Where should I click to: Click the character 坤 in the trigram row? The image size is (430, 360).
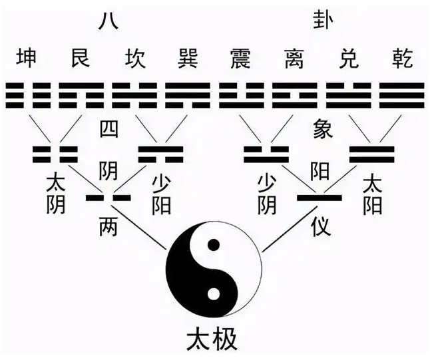[x=27, y=58]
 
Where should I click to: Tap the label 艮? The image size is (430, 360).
[x=81, y=58]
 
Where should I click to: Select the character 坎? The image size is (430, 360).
[x=134, y=58]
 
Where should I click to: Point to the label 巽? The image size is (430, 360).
[x=188, y=58]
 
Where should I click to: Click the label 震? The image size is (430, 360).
[x=241, y=58]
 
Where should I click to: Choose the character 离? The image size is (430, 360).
[x=294, y=58]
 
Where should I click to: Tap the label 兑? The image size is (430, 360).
[x=349, y=58]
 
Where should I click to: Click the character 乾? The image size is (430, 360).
[x=402, y=58]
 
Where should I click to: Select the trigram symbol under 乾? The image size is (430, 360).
[x=402, y=95]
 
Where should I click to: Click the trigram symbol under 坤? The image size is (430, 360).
[x=28, y=95]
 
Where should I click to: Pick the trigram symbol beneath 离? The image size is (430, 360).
[x=294, y=95]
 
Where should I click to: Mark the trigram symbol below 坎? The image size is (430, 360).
[x=134, y=95]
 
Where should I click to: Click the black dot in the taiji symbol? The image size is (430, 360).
[x=214, y=245]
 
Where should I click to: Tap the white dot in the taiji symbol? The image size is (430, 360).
[x=214, y=294]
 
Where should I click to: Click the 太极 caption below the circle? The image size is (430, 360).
[x=212, y=340]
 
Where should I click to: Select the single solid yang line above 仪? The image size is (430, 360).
[x=320, y=198]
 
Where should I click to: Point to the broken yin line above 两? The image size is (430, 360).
[x=108, y=198]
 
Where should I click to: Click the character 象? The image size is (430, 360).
[x=323, y=128]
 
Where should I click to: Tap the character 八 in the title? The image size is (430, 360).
[x=108, y=20]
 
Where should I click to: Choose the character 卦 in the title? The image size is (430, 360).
[x=323, y=20]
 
